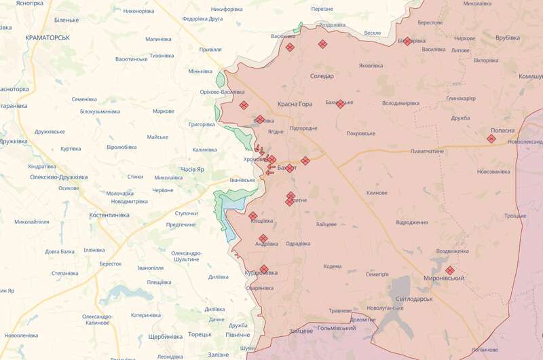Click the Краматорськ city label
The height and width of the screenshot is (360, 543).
point(47,37)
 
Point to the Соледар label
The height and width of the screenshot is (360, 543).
point(322,76)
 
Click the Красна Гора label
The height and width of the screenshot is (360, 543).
point(295,104)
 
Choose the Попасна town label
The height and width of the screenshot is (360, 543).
point(502,130)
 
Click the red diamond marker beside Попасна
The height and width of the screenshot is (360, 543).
point(491,139)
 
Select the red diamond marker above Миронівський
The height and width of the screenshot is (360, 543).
point(449,270)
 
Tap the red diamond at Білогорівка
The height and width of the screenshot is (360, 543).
point(407,41)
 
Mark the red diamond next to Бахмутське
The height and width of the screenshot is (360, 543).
point(340,104)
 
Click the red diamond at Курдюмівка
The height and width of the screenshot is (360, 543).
point(264,269)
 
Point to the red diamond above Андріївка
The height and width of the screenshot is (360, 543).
point(263,238)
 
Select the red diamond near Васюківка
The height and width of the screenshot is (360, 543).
point(290,47)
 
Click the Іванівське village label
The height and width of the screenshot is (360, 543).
point(242,180)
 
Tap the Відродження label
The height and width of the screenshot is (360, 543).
point(411,222)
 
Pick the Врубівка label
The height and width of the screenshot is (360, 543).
point(507,37)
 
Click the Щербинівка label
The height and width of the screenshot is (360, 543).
point(165,336)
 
